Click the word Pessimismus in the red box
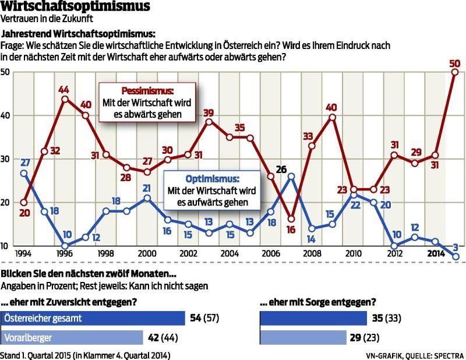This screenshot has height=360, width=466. [x=147, y=91]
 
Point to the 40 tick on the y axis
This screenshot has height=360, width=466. [x=5, y=115]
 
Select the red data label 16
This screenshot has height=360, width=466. [x=291, y=230]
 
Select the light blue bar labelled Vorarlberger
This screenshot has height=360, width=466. [x=72, y=337]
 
